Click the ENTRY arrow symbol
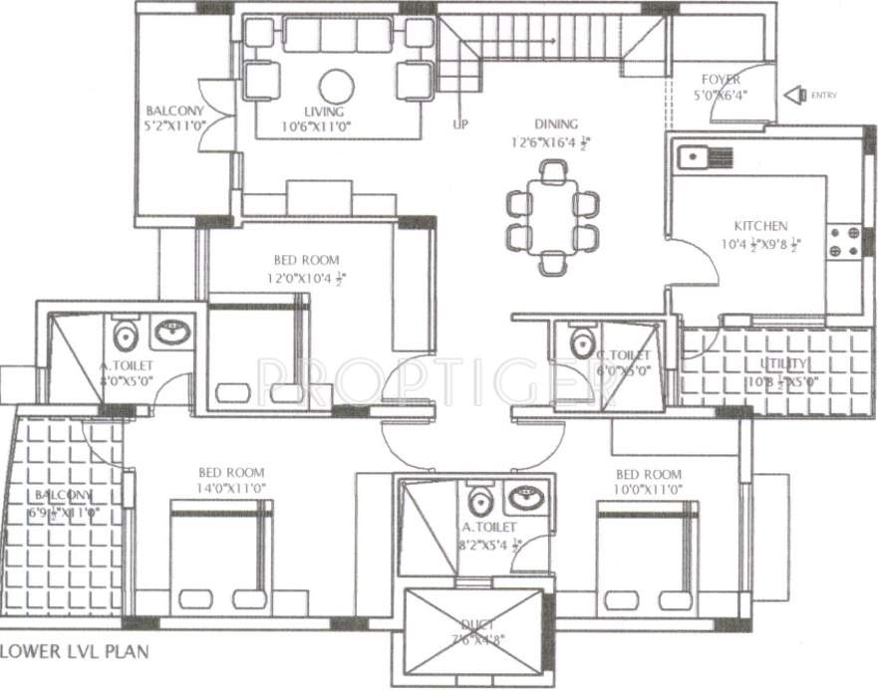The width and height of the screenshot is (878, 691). [x=794, y=96]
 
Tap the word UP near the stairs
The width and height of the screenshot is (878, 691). [x=460, y=123]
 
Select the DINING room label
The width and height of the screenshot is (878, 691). [x=555, y=124]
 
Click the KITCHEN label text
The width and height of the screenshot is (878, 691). [x=760, y=226]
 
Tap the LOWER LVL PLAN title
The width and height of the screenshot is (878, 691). [x=76, y=653]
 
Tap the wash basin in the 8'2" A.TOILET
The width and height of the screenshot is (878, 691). [x=522, y=494]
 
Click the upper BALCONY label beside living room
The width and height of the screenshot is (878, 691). [x=174, y=111]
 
